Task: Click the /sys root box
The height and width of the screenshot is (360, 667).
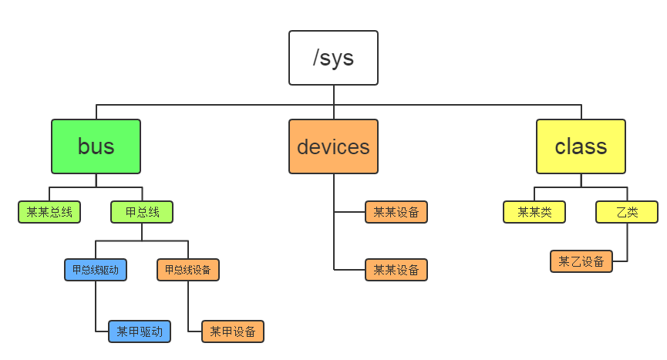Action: pos(333,58)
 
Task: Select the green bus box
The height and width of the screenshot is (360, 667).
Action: pos(96,146)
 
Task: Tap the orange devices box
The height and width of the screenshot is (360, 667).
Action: pos(333,146)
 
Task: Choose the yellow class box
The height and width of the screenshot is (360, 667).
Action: pos(581,146)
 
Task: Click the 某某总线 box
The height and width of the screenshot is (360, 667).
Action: pos(49,212)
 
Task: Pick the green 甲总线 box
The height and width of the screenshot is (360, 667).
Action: pos(142,212)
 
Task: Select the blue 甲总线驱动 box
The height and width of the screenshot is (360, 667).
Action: pos(96,270)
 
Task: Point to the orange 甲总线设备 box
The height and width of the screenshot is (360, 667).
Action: pos(188,270)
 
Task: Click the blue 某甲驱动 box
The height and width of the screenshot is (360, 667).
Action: pos(140,331)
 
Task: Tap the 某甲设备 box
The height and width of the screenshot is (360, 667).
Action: pos(233,331)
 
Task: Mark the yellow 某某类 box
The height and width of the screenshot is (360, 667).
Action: pos(534,212)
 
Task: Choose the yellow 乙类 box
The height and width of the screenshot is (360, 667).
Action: pos(627,212)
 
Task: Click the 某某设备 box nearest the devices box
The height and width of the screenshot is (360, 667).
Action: pos(396,212)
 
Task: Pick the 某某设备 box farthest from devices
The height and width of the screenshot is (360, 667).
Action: pos(396,270)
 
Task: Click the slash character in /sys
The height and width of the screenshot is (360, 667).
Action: pos(317,58)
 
